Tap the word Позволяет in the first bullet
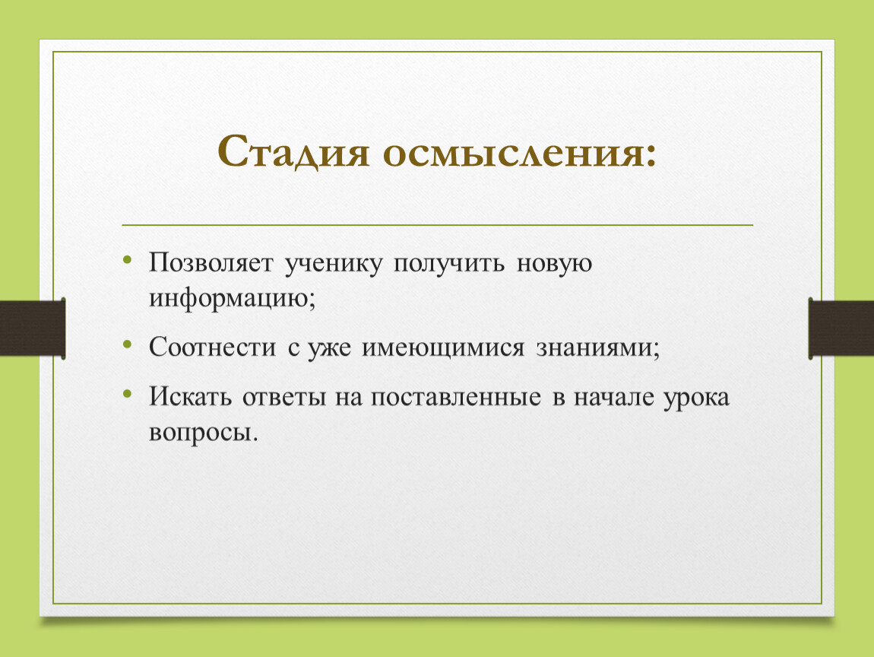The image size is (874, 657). (211, 262)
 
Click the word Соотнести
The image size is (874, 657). (212, 347)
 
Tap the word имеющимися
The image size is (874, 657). (443, 348)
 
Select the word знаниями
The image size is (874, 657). (597, 348)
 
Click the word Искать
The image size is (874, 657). (190, 396)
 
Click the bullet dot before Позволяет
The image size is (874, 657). (128, 259)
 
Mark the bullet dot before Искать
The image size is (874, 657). (128, 394)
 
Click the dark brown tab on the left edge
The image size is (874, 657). (33, 328)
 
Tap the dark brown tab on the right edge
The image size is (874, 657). (841, 328)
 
